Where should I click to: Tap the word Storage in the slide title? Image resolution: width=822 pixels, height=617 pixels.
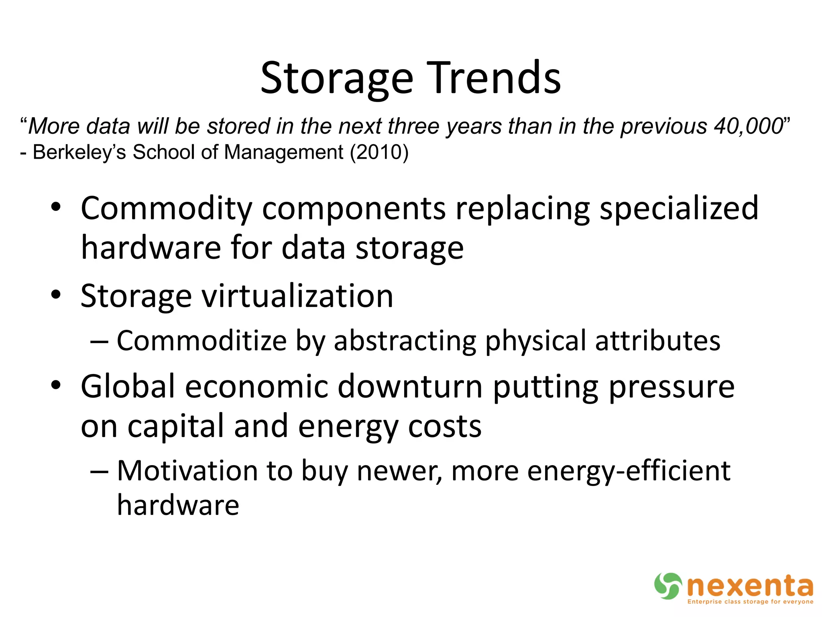click(336, 78)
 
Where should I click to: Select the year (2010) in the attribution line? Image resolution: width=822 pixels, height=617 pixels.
click(379, 152)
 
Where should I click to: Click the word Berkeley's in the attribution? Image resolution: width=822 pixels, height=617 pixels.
click(79, 152)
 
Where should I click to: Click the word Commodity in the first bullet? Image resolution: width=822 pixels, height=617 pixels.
click(167, 209)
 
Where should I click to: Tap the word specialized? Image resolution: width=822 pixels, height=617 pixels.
click(679, 209)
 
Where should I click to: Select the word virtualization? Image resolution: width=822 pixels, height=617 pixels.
click(297, 296)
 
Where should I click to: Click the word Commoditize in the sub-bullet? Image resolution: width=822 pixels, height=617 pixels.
click(201, 341)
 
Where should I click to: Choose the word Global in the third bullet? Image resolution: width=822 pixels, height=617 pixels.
click(128, 386)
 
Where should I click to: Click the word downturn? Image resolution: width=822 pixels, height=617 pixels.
click(410, 386)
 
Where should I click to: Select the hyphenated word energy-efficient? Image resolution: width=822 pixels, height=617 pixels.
click(629, 471)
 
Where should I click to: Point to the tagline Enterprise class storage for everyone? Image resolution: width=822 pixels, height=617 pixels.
click(750, 602)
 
